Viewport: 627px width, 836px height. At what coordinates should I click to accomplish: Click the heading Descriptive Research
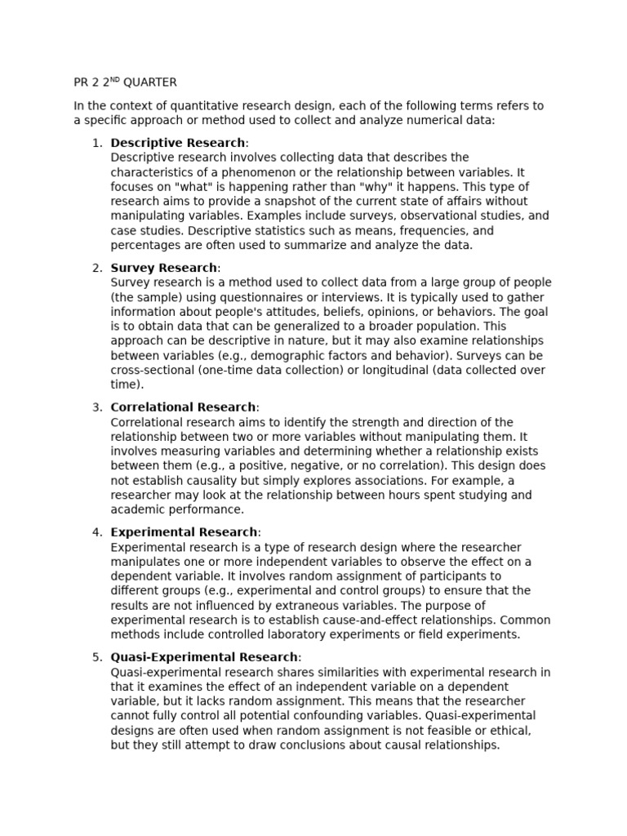pyautogui.click(x=177, y=143)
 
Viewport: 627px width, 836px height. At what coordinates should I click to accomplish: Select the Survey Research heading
pyautogui.click(x=164, y=268)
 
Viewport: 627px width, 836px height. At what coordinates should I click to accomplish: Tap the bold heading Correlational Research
pyautogui.click(x=184, y=407)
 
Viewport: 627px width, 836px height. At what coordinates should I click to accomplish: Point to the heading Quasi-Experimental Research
pyautogui.click(x=204, y=657)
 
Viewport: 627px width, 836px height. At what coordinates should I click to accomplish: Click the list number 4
pyautogui.click(x=97, y=532)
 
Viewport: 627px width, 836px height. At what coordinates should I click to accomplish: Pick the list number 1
pyautogui.click(x=97, y=143)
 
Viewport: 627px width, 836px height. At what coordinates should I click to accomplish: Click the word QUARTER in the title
pyautogui.click(x=149, y=82)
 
